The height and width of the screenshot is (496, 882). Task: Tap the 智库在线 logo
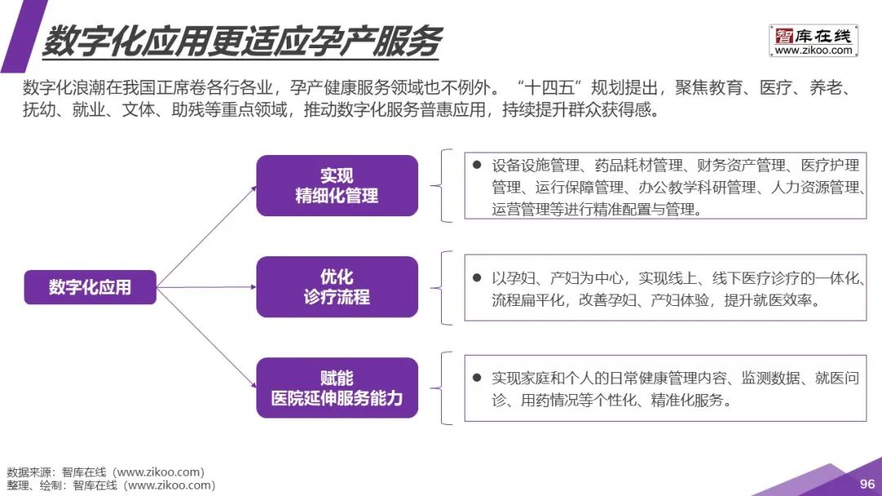(x=813, y=35)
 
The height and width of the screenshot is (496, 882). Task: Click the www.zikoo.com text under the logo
(x=813, y=51)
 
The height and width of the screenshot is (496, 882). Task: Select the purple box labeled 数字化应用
(x=90, y=286)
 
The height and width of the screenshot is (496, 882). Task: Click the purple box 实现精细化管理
(x=336, y=185)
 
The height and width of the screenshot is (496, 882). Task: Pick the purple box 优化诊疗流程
(x=336, y=286)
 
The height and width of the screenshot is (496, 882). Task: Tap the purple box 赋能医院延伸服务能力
(x=336, y=388)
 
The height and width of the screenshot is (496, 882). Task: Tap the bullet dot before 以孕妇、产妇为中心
(x=477, y=277)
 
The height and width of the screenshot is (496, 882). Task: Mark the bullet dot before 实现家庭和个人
(x=477, y=379)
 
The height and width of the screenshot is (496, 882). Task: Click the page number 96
(x=866, y=484)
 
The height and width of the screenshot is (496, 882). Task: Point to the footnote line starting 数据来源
(x=105, y=472)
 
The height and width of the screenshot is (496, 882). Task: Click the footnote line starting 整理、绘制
(x=111, y=485)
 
